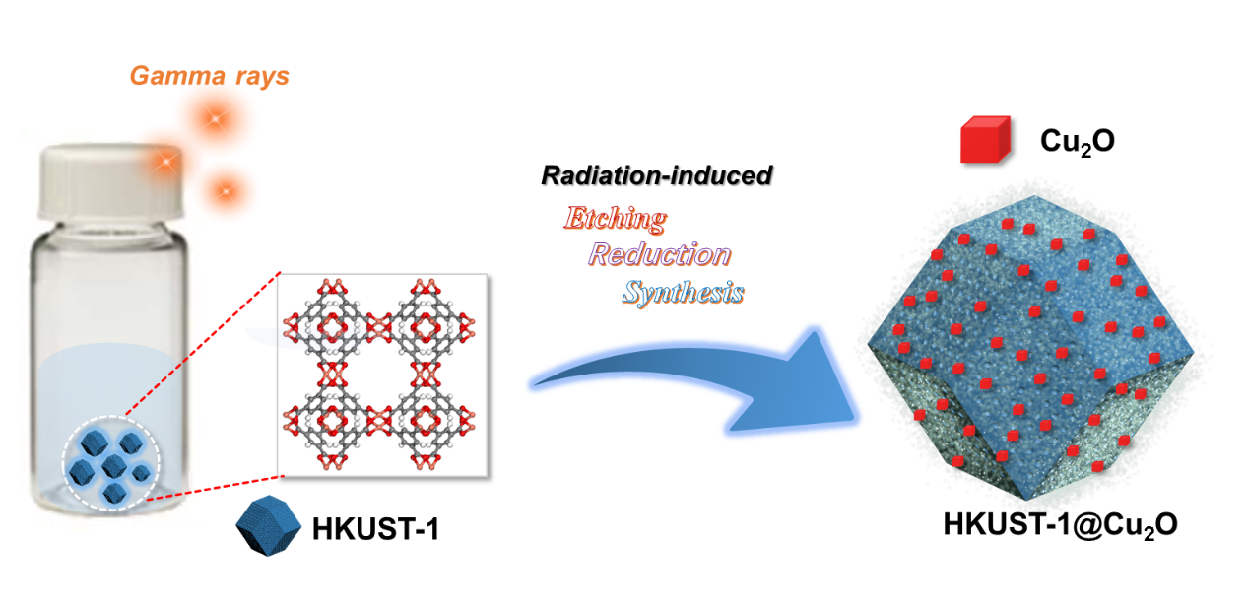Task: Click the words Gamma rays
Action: (x=210, y=76)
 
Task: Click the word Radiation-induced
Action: (x=657, y=176)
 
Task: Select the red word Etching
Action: (x=615, y=219)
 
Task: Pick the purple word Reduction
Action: (x=660, y=255)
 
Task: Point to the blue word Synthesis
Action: (x=683, y=293)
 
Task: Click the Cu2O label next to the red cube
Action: (x=1078, y=141)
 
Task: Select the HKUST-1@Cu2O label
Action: (x=1060, y=525)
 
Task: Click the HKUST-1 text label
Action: (x=375, y=530)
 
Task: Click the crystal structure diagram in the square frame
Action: (x=383, y=375)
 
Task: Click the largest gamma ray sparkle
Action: (x=213, y=119)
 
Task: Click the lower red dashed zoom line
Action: (x=217, y=489)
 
